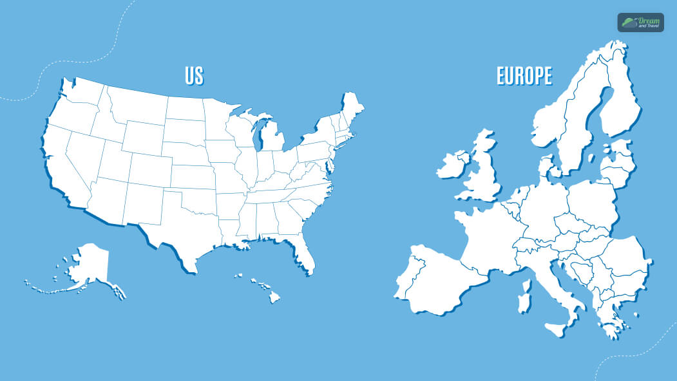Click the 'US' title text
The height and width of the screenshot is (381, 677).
[x=194, y=76]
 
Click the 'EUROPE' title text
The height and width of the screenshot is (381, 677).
[x=524, y=76]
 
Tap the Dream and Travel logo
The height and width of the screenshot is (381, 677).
[x=640, y=23]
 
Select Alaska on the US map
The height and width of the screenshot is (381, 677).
[x=89, y=265]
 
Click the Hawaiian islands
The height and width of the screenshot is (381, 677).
[x=264, y=287]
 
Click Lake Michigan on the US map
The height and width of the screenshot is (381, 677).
[x=262, y=138]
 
